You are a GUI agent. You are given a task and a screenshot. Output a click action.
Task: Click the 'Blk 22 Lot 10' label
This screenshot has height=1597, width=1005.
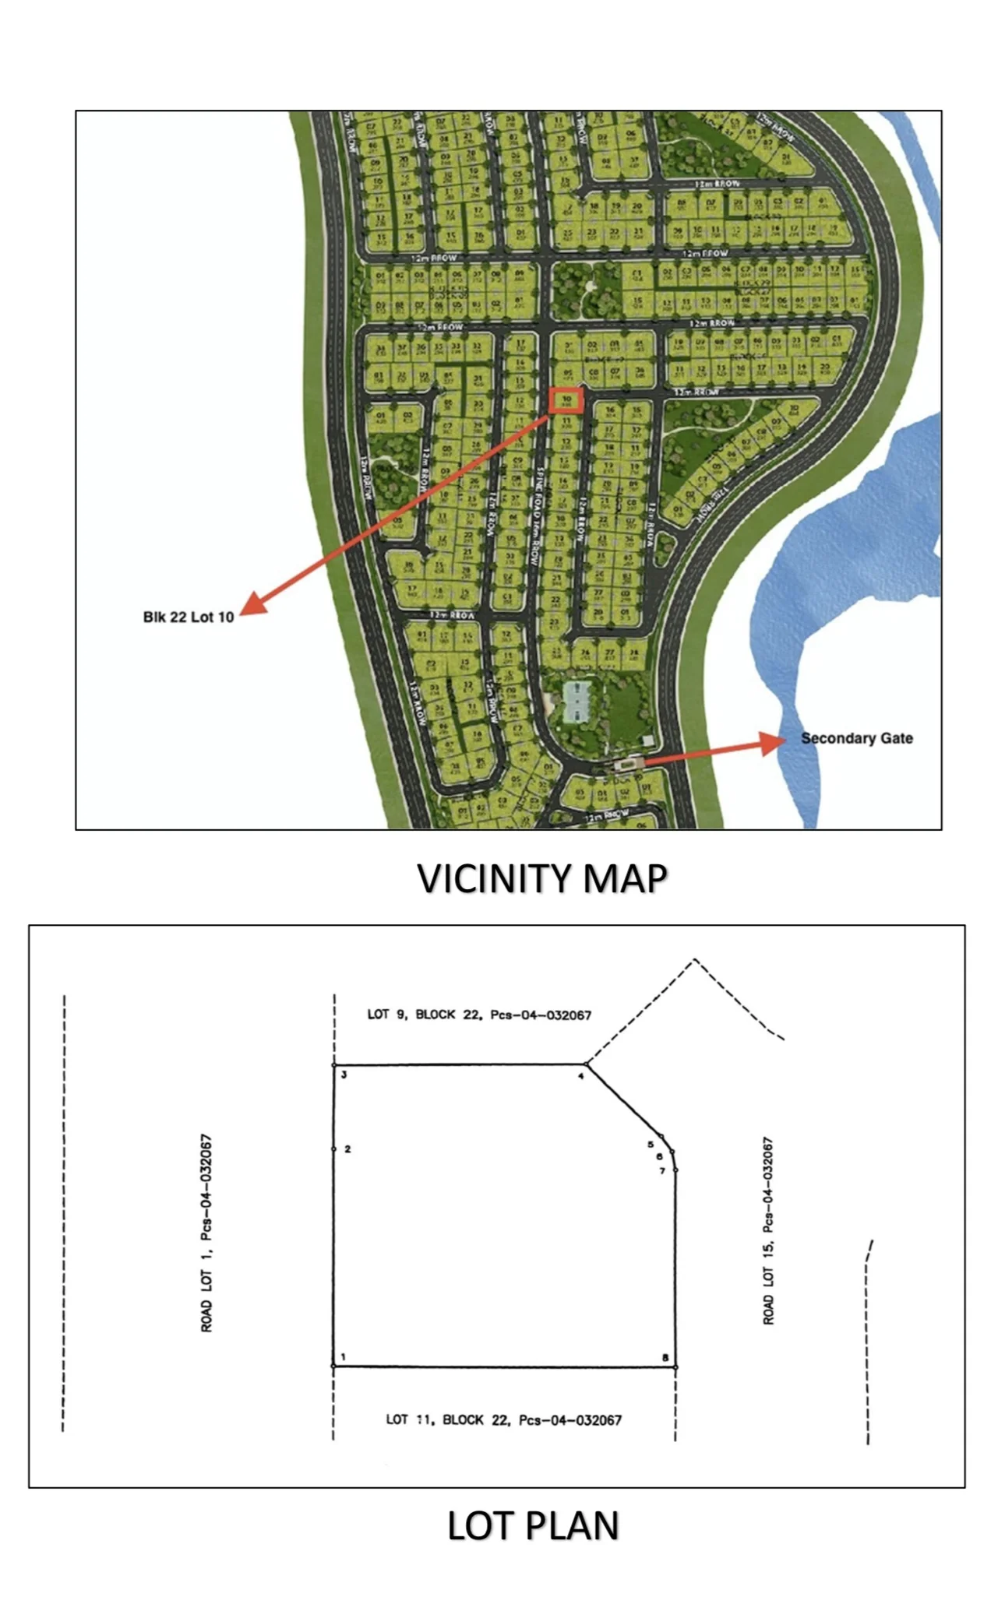[189, 617]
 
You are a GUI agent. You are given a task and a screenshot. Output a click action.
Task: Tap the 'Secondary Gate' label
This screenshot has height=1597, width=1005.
[856, 738]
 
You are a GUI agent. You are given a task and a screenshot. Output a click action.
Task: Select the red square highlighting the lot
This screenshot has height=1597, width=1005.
[566, 400]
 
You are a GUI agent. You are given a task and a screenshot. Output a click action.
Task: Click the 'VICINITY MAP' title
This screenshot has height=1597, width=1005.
[542, 878]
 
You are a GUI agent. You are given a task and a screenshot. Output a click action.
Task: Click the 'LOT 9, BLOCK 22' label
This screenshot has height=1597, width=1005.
[479, 1015]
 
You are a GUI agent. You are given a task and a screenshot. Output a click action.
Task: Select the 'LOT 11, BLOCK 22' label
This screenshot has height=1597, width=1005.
[504, 1419]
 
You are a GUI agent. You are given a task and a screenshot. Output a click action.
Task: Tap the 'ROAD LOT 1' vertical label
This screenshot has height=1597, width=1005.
[206, 1233]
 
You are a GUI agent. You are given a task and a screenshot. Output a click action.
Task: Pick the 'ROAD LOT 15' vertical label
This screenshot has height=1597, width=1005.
[768, 1231]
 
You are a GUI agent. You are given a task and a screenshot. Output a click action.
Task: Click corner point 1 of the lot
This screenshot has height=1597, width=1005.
[333, 1366]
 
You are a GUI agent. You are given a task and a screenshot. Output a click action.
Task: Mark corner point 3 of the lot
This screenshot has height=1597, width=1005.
[334, 1065]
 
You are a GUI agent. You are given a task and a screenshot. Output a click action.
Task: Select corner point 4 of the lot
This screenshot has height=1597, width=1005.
[587, 1064]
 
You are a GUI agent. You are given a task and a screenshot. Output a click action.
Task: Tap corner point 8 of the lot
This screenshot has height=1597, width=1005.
[675, 1367]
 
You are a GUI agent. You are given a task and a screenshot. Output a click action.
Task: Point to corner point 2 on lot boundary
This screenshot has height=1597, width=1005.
[333, 1149]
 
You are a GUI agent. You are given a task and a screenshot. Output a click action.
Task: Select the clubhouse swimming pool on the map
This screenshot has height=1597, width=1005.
[576, 702]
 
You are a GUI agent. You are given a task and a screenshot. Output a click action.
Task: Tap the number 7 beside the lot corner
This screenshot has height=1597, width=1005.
[663, 1170]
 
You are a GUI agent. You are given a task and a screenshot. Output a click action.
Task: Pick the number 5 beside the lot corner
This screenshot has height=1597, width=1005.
[651, 1144]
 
